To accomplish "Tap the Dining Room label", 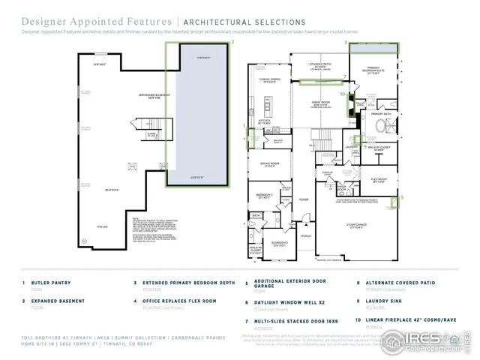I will pyautogui.click(x=269, y=163).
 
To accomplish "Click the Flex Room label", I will pyautogui.click(x=377, y=180).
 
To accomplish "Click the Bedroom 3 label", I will pyautogui.click(x=264, y=196).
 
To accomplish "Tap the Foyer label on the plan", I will pyautogui.click(x=304, y=199).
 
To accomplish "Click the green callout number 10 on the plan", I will pyautogui.click(x=342, y=94).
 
